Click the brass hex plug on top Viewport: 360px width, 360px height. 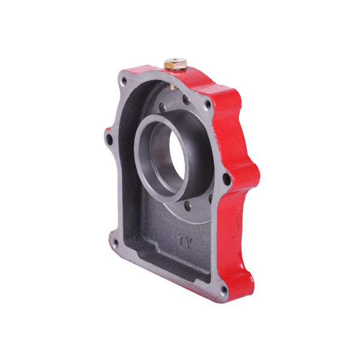[175, 64]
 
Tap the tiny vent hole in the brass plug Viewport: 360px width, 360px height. [175, 61]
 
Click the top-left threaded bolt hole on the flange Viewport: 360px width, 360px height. [124, 81]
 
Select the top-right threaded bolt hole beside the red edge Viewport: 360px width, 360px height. [208, 104]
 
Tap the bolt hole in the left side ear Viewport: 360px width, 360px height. [110, 139]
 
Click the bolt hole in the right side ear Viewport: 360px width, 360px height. [227, 179]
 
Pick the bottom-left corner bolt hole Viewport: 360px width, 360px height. [115, 244]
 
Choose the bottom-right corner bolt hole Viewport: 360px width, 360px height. [224, 291]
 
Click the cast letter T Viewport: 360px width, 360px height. [182, 241]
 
